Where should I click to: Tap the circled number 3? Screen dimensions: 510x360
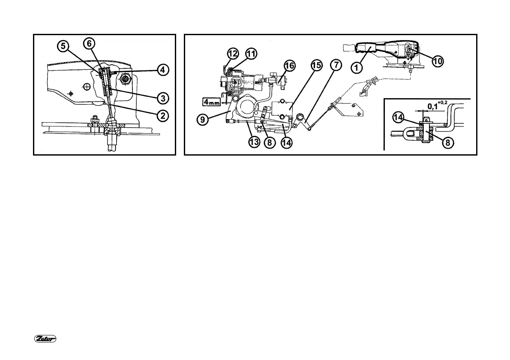[x=162, y=98]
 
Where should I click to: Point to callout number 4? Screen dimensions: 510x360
[x=162, y=69]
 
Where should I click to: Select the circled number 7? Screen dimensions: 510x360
[x=336, y=66]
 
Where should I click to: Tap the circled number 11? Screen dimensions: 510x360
[x=251, y=54]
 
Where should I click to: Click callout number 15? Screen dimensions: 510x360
[x=316, y=66]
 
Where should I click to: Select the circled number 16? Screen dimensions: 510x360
[x=290, y=66]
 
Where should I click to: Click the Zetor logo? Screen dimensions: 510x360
[x=46, y=339]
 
